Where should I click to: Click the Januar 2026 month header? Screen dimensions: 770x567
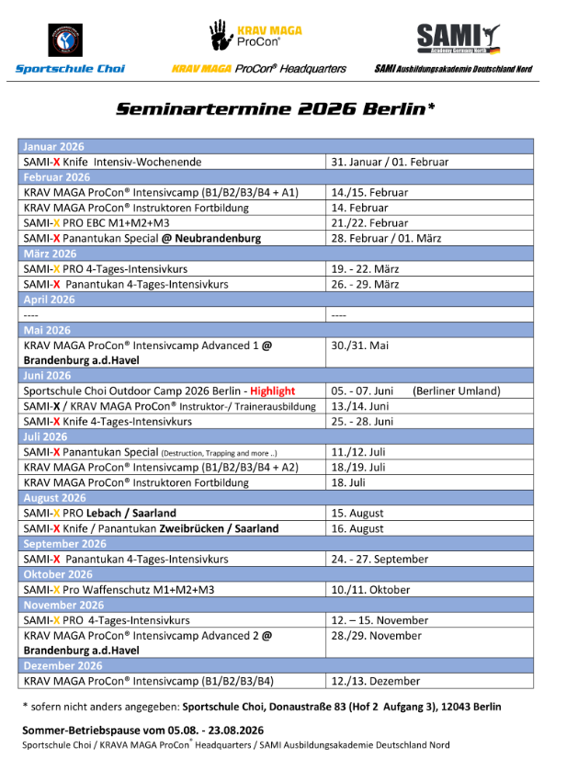(54, 146)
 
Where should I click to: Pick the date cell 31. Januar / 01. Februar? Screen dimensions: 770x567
(390, 162)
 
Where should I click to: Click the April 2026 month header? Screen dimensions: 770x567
(50, 300)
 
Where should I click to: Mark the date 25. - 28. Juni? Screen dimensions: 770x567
(362, 422)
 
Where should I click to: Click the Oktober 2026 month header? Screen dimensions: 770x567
(59, 574)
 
